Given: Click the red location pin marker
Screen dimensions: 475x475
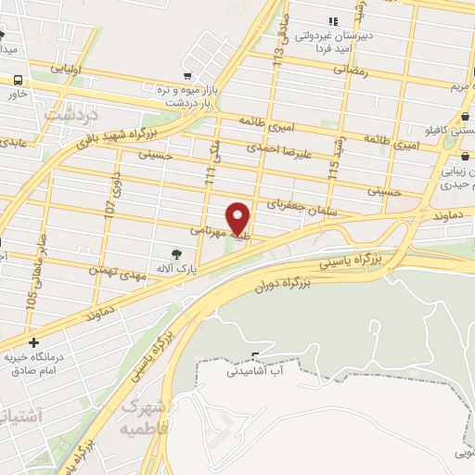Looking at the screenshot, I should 238,218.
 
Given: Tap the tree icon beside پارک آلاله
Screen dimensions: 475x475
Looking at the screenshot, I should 176,253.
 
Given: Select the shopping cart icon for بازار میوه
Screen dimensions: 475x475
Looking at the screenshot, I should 188,76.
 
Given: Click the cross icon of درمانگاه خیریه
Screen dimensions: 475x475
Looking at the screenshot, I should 34,343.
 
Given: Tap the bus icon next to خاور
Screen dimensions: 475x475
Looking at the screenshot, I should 18,81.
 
